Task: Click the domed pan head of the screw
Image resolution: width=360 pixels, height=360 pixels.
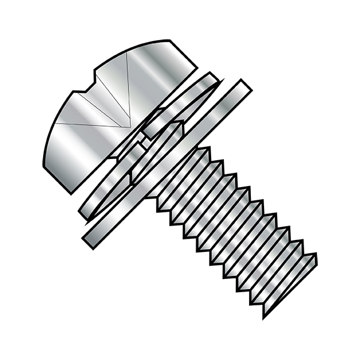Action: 102,114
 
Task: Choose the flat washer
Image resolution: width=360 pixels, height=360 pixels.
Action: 168,162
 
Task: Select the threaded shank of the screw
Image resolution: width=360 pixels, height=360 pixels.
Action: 234,228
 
